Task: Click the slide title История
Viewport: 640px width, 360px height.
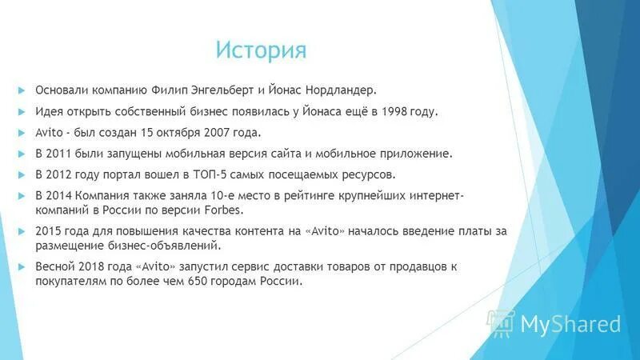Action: pyautogui.click(x=261, y=50)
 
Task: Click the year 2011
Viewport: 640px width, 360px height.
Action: pyautogui.click(x=64, y=154)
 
